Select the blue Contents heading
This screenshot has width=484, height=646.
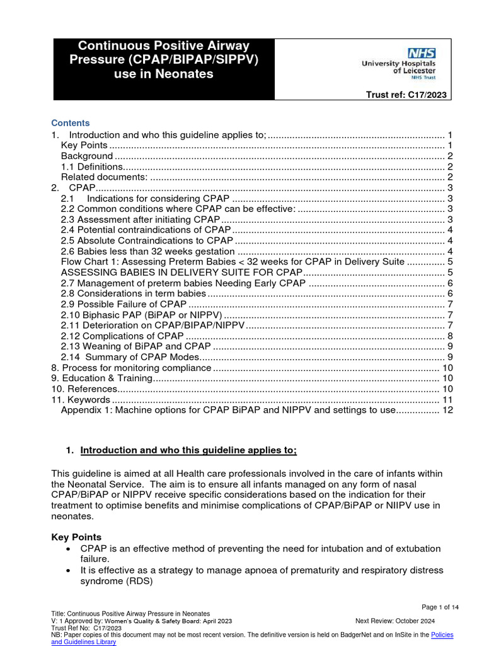click(x=70, y=123)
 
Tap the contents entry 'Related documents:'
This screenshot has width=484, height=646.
click(x=105, y=177)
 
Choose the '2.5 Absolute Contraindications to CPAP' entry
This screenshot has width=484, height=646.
click(x=147, y=240)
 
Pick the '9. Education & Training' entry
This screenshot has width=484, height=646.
click(x=102, y=378)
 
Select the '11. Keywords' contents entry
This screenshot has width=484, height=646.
click(x=81, y=399)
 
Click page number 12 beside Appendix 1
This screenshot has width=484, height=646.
click(x=447, y=410)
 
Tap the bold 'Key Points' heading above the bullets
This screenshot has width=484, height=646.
click(x=76, y=537)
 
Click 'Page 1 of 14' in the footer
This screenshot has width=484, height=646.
click(x=440, y=607)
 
